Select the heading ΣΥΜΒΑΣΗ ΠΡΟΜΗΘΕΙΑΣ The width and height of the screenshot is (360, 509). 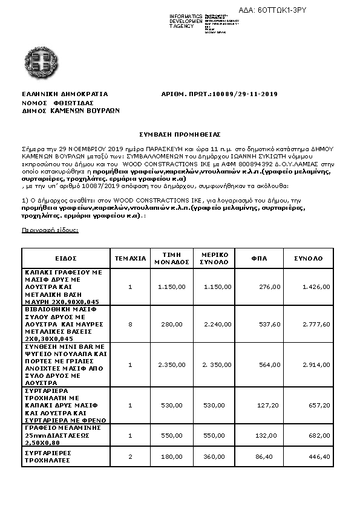pyautogui.click(x=180, y=134)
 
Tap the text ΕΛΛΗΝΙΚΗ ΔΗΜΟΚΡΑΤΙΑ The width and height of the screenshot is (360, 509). pyautogui.click(x=65, y=94)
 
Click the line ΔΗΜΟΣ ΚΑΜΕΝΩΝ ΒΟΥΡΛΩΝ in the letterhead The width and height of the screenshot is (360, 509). pyautogui.click(x=71, y=111)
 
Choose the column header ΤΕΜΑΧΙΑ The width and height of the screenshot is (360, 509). pyautogui.click(x=130, y=258)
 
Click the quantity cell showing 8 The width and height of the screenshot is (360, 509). pyautogui.click(x=130, y=324)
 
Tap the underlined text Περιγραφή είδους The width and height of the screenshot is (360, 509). pyautogui.click(x=50, y=230)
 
